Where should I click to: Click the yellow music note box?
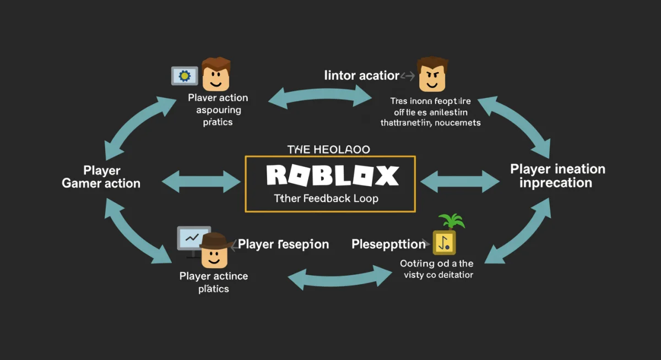(444, 242)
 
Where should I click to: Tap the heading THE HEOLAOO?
(329, 150)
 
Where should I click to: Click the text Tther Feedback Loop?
(326, 198)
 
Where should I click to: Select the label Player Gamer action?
(101, 177)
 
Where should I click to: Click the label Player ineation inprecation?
(557, 176)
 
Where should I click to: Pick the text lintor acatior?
(362, 75)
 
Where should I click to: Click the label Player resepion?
(284, 244)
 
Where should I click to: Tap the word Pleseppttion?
(389, 244)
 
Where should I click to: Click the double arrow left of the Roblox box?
(202, 181)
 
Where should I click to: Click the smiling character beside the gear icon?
(215, 74)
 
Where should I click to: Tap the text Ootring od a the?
(436, 264)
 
